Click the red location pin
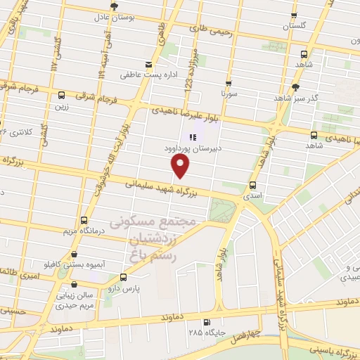tap(181, 165)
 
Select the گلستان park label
tap(296, 26)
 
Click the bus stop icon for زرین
tap(62, 96)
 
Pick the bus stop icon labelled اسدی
tap(252, 186)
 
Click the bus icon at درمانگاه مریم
tap(85, 221)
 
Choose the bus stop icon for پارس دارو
tap(123, 278)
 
